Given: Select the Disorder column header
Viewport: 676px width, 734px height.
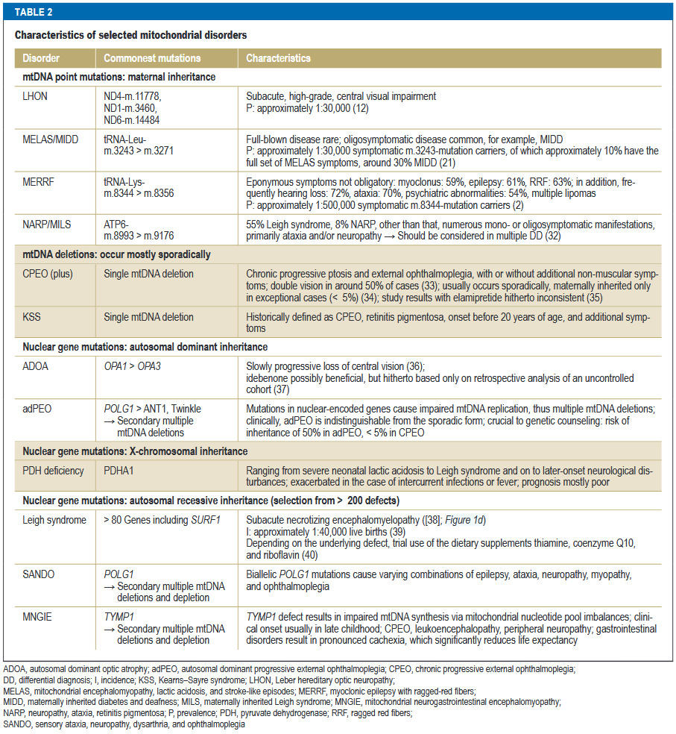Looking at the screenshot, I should point(41,58).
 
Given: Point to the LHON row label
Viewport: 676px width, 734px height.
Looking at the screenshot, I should point(36,96).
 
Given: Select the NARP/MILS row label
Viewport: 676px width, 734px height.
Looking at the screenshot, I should point(48,225).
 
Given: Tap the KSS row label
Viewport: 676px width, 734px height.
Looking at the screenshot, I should point(32,318).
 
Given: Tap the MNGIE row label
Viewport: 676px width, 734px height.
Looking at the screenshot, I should point(38,618).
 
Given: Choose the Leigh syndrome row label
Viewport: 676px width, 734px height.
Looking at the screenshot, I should point(54,521).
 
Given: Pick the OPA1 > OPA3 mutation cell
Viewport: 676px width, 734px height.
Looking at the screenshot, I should point(136,366).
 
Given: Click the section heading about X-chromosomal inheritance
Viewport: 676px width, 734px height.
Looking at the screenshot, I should point(134,451).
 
